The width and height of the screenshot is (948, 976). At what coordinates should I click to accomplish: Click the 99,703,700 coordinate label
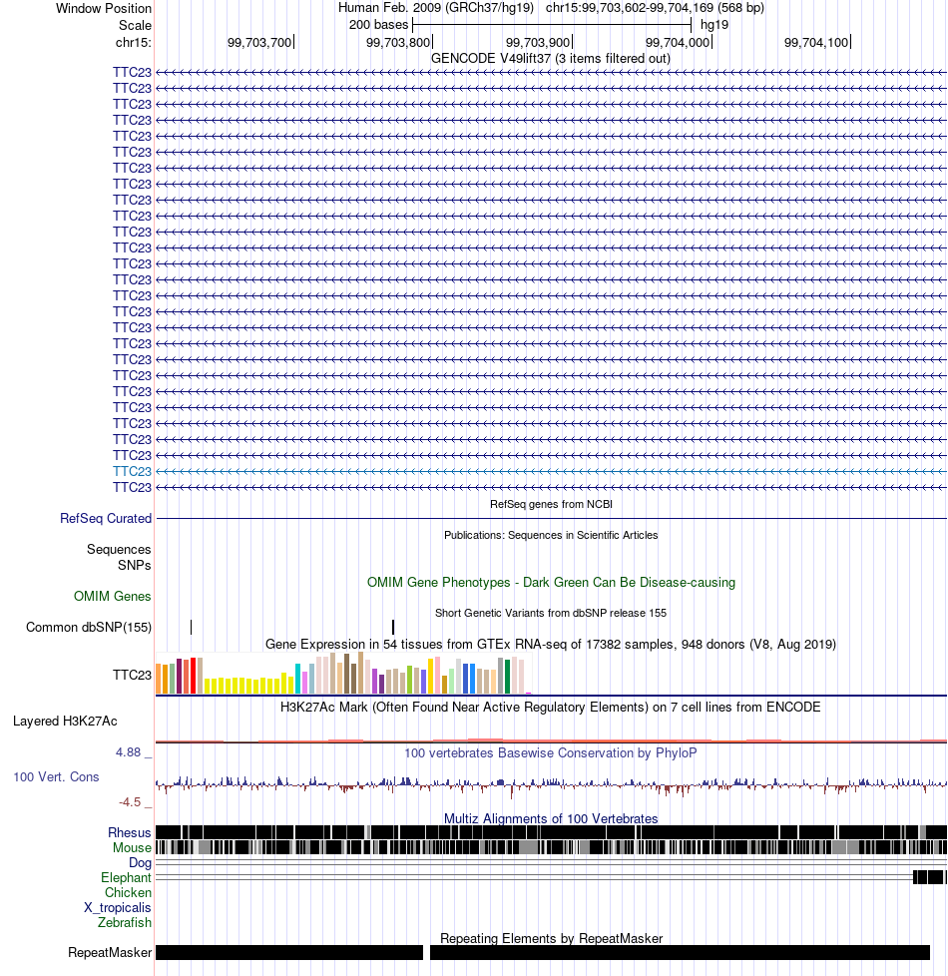258,42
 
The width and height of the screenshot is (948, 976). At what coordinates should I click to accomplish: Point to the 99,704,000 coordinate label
678,42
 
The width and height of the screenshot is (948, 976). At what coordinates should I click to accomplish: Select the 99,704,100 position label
816,42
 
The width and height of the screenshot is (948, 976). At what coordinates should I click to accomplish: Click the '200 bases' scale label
378,25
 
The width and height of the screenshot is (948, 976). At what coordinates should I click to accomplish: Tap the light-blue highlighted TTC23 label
132,471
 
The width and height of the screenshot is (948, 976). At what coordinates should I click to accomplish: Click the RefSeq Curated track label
106,519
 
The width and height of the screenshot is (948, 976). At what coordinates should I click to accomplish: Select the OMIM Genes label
112,597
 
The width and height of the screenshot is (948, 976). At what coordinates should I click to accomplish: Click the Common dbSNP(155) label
89,628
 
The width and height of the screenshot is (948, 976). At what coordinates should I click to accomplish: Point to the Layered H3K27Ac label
65,721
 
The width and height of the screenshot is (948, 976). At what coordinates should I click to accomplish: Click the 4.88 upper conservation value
128,751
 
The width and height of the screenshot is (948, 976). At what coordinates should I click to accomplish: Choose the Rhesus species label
130,833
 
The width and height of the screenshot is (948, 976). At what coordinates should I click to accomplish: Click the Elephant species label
126,877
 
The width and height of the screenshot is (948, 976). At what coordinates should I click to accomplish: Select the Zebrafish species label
125,922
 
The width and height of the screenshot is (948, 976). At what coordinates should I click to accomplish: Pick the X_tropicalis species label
118,907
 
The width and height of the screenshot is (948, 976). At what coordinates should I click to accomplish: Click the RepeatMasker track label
110,952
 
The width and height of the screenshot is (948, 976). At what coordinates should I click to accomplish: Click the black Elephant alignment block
929,877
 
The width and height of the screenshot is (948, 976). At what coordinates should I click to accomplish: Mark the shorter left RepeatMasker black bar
289,952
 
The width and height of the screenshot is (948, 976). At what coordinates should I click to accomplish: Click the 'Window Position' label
104,9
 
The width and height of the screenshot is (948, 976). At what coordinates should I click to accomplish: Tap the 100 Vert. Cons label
56,776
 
